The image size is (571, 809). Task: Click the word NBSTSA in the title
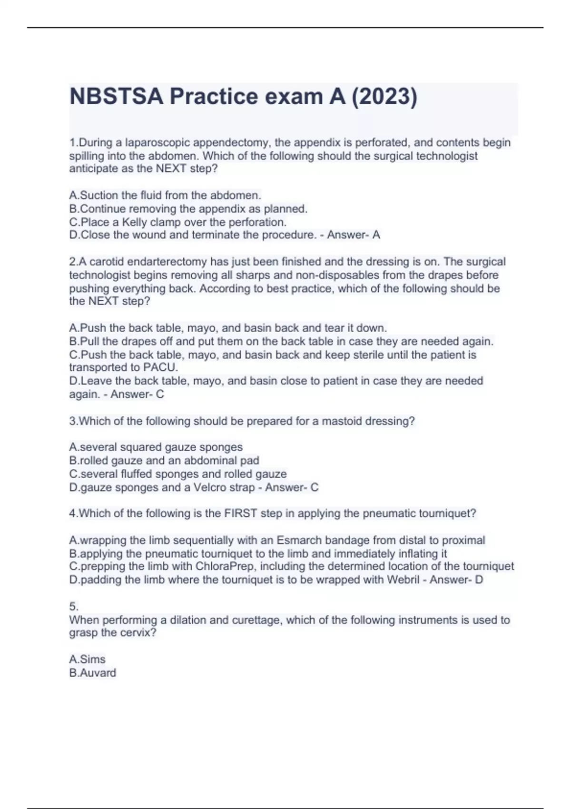(117, 97)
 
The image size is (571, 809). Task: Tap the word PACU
(160, 367)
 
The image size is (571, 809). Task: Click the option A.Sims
(88, 659)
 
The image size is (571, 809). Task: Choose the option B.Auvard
(93, 672)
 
